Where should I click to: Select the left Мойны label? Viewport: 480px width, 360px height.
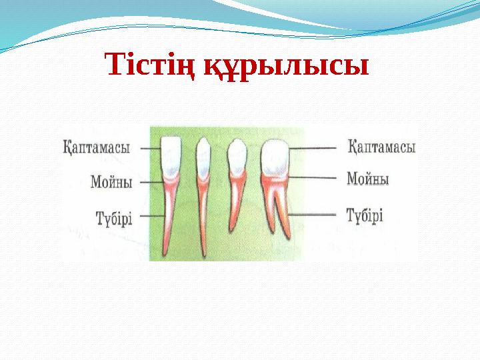click(x=111, y=181)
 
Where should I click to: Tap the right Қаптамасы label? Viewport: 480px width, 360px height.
click(x=381, y=147)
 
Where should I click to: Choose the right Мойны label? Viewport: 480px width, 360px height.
click(x=367, y=179)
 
